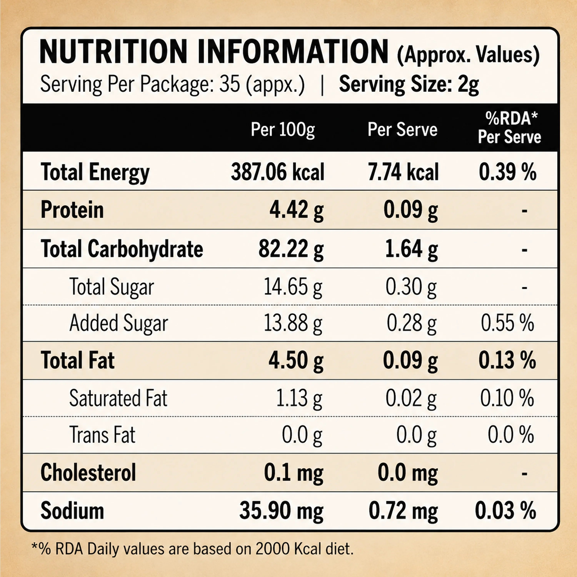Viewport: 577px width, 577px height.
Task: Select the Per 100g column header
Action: click(283, 130)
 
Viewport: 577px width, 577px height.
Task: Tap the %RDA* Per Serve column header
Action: click(509, 128)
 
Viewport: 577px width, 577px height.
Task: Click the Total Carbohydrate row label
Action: click(122, 248)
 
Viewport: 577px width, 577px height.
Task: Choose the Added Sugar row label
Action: click(118, 324)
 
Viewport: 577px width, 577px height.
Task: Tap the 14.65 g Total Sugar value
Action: click(293, 287)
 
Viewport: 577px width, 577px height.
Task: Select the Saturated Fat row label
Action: click(118, 398)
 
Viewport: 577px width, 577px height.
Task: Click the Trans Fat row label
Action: click(102, 435)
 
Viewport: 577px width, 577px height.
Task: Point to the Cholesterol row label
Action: click(88, 473)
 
